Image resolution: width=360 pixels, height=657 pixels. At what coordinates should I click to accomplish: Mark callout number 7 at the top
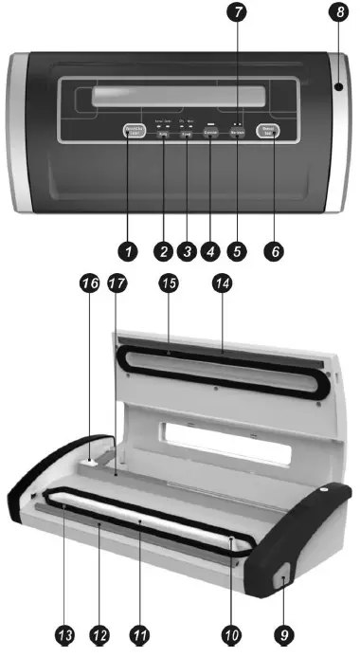(239, 14)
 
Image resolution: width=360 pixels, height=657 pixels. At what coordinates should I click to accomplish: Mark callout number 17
(118, 285)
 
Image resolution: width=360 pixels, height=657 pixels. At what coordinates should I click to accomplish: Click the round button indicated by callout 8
(337, 87)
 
